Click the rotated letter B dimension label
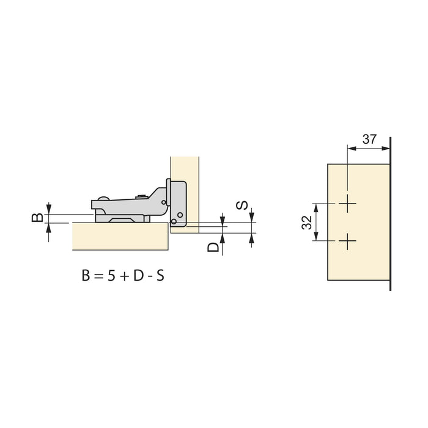click(x=37, y=217)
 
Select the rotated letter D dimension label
click(x=212, y=247)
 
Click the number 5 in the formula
click(x=109, y=275)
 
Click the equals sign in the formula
click(x=97, y=276)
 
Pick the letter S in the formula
click(x=160, y=275)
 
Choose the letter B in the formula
click(x=85, y=275)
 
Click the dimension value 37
click(x=369, y=139)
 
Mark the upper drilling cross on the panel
click(x=347, y=204)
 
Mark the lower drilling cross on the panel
click(x=347, y=242)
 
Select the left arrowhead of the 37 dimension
click(x=350, y=147)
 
